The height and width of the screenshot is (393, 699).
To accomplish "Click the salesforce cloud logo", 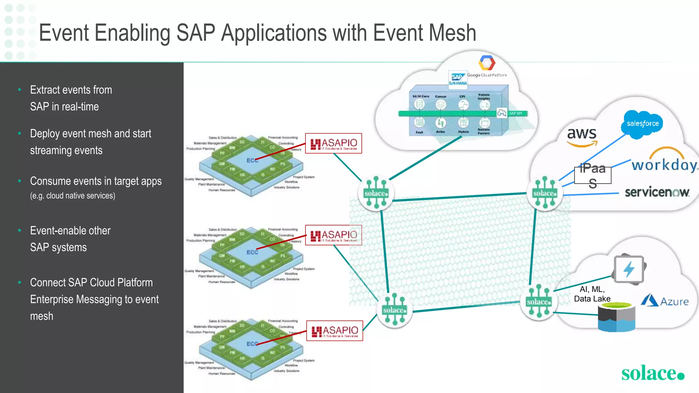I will (x=643, y=124).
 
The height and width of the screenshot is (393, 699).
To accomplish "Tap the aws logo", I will (x=582, y=135).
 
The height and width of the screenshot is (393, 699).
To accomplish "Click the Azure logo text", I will (x=674, y=302).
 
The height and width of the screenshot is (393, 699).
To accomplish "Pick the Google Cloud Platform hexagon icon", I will (x=487, y=63).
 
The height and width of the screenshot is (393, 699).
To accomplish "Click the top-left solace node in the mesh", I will (x=376, y=193).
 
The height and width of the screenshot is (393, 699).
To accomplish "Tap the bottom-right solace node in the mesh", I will (x=539, y=302).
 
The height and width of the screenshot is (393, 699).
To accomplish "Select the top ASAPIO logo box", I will (x=333, y=143).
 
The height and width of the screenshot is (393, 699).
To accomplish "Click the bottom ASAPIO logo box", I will (x=334, y=331).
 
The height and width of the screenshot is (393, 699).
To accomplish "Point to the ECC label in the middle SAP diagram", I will (x=252, y=252).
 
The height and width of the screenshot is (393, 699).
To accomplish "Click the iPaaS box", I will (x=593, y=175).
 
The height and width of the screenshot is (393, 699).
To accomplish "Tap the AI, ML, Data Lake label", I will (x=592, y=294).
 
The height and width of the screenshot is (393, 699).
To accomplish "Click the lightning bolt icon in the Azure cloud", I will (x=629, y=270).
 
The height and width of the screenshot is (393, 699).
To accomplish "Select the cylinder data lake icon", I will (x=616, y=317).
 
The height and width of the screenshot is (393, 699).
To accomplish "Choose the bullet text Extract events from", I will (x=71, y=90).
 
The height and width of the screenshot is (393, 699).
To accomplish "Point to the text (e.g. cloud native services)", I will (x=73, y=196).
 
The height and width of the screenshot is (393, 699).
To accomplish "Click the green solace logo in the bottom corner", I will (x=652, y=373).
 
